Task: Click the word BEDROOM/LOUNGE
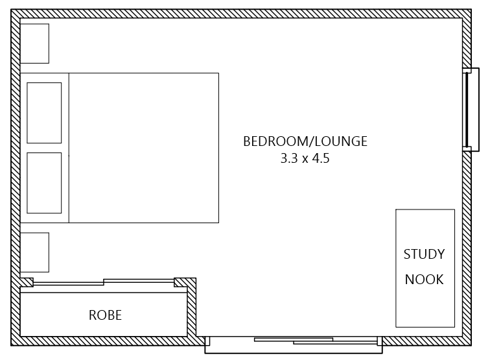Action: [305, 141]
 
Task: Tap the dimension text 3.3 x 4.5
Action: [305, 158]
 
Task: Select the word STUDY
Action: [424, 254]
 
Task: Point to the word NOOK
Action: [424, 280]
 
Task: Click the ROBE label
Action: [105, 316]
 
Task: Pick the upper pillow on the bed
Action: [44, 112]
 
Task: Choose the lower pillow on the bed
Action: [44, 183]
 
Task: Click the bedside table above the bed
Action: [34, 43]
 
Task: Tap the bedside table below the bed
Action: [34, 252]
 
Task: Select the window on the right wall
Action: [467, 110]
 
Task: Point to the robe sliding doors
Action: [104, 282]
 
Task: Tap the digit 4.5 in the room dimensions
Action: [321, 158]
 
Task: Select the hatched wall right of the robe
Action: [192, 311]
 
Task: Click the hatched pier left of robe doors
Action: [27, 282]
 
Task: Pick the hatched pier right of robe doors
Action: [184, 282]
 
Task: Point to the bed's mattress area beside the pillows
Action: [143, 148]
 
